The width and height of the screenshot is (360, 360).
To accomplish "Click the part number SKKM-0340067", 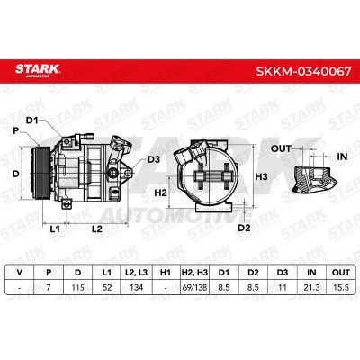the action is (x=303, y=72).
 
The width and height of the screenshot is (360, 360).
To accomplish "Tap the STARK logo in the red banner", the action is (x=38, y=70).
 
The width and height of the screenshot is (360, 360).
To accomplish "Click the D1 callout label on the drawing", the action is (x=31, y=121).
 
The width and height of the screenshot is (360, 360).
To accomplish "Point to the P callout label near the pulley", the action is (x=15, y=131).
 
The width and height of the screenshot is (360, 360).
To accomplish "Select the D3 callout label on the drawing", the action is (x=154, y=159).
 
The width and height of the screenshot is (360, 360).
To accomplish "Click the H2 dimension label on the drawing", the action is (x=160, y=193).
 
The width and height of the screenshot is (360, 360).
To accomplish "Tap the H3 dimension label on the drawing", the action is (x=261, y=176).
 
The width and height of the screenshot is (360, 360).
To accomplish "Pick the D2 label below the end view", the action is (x=244, y=228).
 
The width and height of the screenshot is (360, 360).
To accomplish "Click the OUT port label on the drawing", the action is (x=281, y=148).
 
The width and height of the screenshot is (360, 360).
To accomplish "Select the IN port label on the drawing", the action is (x=342, y=157).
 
